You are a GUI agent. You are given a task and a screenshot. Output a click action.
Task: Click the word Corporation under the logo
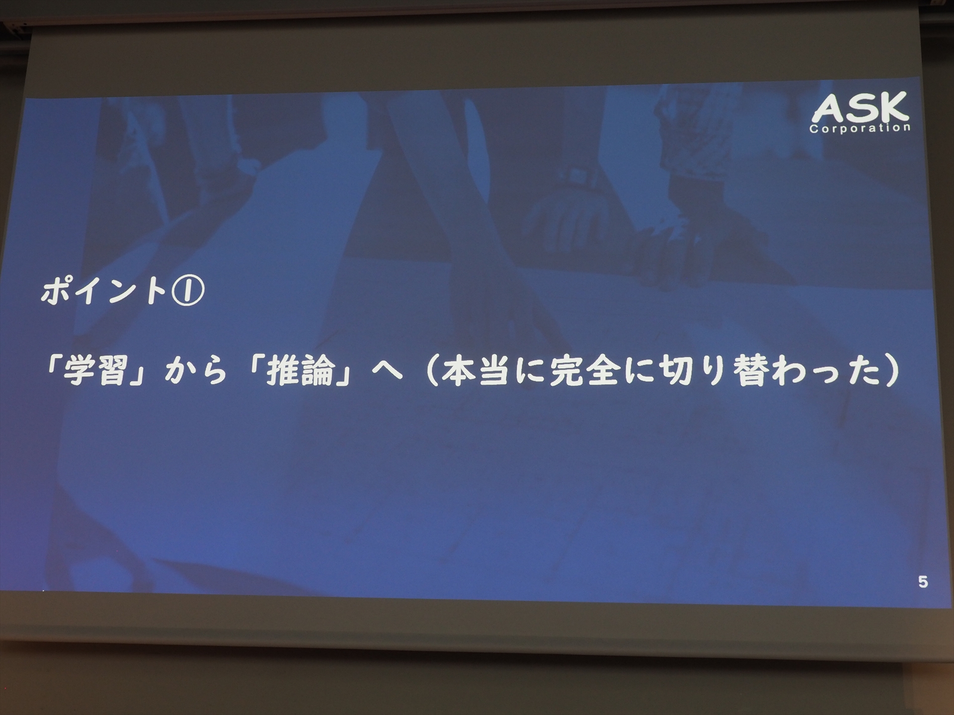(860, 128)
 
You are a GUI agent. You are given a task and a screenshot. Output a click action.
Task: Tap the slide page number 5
(923, 581)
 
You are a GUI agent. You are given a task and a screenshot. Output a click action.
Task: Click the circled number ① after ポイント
(187, 291)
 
